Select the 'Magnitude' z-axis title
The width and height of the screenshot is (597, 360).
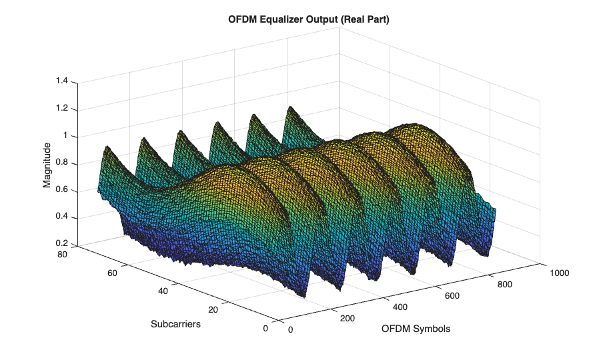coord(47,165)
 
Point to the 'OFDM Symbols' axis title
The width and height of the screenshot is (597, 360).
coord(416,329)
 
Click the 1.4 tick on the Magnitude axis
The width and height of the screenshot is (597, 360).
coord(62,81)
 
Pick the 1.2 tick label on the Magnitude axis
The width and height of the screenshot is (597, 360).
coord(62,109)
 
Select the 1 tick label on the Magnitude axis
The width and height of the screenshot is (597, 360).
coord(66,136)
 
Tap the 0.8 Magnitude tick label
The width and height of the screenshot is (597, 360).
coord(62,163)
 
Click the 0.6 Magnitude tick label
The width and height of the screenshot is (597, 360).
coord(62,191)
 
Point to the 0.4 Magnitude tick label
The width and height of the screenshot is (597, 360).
coord(62,218)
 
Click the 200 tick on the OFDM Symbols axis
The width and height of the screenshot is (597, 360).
coord(347,319)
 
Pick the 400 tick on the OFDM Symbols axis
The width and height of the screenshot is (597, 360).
coord(400,306)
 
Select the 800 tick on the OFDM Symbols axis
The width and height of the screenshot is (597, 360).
coord(504,284)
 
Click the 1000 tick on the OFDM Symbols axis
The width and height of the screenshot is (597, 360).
coord(559,272)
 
